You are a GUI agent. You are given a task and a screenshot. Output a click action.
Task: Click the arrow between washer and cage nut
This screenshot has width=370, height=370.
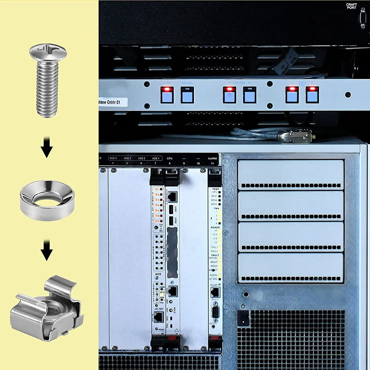click(47, 250)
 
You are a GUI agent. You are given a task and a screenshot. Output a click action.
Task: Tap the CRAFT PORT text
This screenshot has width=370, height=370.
click(351, 6)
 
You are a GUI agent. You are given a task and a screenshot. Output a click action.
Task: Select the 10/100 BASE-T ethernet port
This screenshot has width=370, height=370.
click(173, 195)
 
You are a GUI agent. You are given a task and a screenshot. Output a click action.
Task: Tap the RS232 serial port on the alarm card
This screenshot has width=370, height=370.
click(215, 311)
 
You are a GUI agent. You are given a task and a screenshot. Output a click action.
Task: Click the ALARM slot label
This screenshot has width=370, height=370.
click(212, 158)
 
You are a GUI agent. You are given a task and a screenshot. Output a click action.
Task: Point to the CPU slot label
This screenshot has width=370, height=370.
click(170, 158)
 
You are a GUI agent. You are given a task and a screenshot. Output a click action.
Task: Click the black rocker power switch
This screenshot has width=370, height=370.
click(243, 318)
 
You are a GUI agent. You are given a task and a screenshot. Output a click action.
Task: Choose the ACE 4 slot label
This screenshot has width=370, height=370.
click(113, 158)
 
